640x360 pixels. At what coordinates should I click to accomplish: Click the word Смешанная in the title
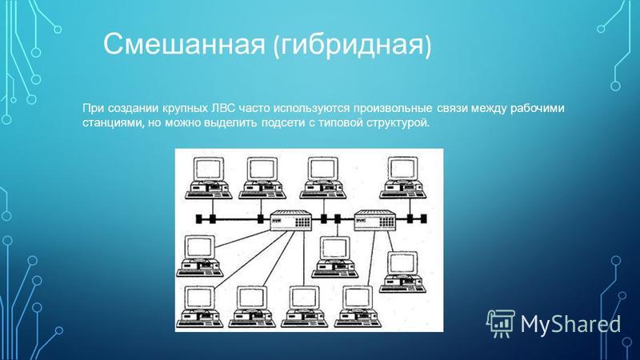click(x=184, y=43)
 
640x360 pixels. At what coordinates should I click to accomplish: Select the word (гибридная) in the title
click(x=352, y=45)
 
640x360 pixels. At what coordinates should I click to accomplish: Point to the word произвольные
click(x=393, y=109)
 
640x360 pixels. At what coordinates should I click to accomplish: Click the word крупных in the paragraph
click(x=185, y=109)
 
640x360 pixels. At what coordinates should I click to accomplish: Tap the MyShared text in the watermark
click(x=570, y=325)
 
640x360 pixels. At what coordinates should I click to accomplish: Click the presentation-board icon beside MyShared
click(x=501, y=323)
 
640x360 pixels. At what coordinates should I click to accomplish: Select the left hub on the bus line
click(x=291, y=221)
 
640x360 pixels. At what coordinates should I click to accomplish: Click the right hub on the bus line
click(x=375, y=221)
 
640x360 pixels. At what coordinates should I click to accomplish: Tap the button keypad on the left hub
click(x=302, y=222)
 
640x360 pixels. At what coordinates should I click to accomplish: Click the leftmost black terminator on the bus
click(x=199, y=218)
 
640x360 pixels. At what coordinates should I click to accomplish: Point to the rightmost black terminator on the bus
click(x=424, y=218)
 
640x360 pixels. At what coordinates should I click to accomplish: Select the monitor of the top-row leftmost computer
click(x=209, y=170)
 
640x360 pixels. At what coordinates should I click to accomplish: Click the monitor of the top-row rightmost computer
click(x=402, y=170)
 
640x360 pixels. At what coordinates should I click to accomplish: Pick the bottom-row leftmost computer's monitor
click(x=199, y=298)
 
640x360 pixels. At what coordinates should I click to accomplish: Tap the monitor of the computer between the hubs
click(x=334, y=249)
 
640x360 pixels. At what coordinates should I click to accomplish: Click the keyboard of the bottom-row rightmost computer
click(x=358, y=323)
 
